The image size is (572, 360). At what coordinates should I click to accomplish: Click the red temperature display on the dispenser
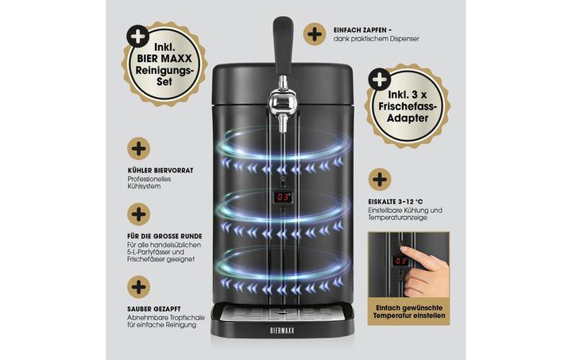coord(282,195)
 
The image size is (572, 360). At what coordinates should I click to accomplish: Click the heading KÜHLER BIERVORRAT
coord(160,170)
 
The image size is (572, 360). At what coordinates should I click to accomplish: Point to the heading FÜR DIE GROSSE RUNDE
coord(164,236)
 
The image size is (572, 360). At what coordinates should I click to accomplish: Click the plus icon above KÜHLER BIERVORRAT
coord(139,147)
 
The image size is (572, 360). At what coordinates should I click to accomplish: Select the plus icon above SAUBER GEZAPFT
coord(139,286)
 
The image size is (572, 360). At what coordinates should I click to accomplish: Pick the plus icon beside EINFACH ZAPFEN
coord(315,33)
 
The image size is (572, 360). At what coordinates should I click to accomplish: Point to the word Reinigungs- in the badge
coord(164,69)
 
